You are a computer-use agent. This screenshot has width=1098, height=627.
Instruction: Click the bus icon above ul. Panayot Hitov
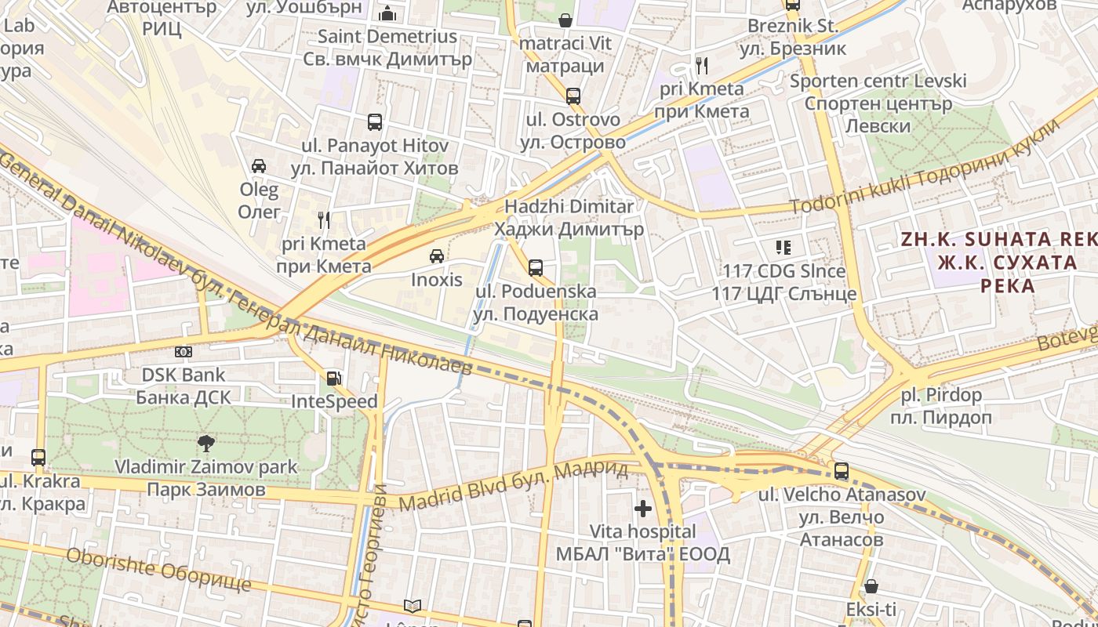click(375, 122)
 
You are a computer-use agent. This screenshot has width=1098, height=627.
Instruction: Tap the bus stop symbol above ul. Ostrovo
click(573, 96)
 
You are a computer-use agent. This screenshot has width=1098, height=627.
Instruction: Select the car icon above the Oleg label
click(259, 166)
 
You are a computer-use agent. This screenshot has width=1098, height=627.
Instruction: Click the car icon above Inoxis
click(437, 256)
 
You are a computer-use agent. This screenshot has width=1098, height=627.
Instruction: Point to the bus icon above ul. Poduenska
click(536, 268)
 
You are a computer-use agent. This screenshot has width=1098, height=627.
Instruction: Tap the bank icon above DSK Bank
click(184, 352)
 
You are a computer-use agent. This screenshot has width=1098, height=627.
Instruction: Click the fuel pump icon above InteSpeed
click(334, 379)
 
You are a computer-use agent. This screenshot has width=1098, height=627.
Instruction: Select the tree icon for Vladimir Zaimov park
click(206, 444)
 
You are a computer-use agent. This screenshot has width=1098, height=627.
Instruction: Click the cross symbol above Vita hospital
click(643, 509)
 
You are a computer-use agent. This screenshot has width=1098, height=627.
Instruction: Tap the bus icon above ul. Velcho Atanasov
click(842, 471)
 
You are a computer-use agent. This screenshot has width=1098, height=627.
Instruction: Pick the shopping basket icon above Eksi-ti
click(871, 586)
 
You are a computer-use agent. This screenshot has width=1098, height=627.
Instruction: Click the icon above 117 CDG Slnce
click(783, 248)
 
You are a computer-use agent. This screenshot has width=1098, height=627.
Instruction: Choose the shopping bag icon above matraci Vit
click(565, 20)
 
